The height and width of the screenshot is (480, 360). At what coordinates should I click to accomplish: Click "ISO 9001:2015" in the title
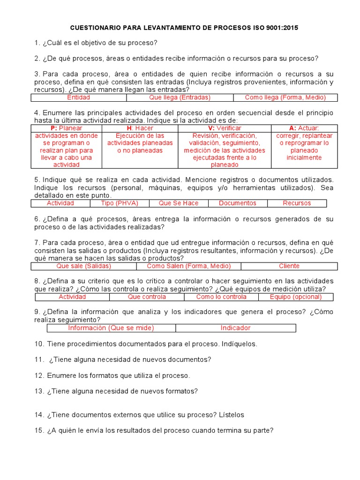(273, 28)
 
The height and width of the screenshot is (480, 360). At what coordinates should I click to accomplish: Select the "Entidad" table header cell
(79, 97)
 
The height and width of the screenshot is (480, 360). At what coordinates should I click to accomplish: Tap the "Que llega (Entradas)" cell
(180, 97)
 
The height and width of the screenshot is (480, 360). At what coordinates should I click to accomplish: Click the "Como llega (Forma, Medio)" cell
(285, 97)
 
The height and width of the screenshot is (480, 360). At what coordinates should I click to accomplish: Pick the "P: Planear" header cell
(66, 128)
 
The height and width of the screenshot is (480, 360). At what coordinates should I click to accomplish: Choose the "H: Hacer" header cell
(140, 128)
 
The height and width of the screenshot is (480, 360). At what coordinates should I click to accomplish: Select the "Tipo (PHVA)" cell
(120, 203)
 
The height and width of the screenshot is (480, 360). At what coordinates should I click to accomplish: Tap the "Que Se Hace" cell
(178, 203)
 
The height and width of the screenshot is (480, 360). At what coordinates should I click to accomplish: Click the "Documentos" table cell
(237, 203)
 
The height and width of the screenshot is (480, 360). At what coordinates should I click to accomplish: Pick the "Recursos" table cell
(297, 203)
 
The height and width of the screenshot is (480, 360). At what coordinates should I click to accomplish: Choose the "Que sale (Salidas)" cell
(83, 266)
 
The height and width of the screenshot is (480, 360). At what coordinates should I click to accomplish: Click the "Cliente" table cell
(289, 266)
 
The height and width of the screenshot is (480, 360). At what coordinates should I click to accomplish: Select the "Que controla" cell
(147, 297)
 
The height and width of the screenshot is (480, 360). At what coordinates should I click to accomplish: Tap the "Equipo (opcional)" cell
(296, 297)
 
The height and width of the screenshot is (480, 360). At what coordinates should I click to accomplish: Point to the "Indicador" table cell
(235, 328)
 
